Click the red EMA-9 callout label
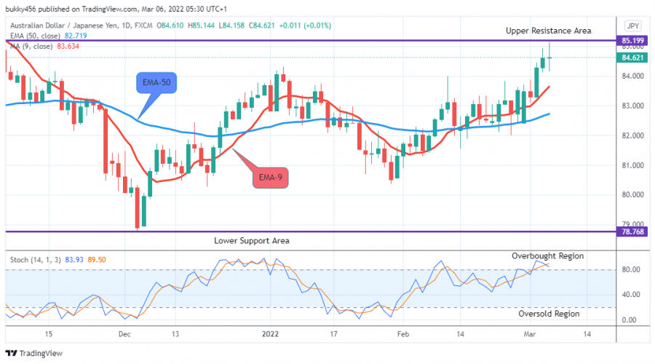(277, 177)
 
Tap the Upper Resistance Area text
(549, 31)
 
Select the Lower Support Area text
(252, 240)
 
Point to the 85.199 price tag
(630, 41)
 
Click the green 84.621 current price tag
(630, 57)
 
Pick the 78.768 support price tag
(630, 232)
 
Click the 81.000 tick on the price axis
(629, 165)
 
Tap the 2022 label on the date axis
(271, 334)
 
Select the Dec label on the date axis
(124, 334)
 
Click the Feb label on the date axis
(401, 334)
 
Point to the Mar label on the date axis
(530, 334)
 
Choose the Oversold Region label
(549, 314)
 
